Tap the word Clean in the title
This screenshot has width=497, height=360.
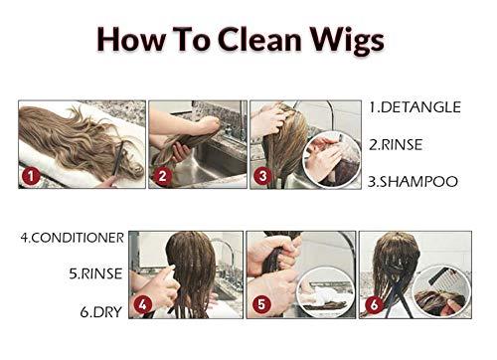(x=259, y=39)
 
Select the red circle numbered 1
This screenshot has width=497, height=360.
(x=31, y=176)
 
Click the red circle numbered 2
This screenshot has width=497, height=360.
(x=162, y=175)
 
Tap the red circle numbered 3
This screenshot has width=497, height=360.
(x=262, y=175)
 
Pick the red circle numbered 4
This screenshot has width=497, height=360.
(x=143, y=304)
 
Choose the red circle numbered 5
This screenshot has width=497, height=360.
(x=261, y=304)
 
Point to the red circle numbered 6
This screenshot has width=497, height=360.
(x=375, y=304)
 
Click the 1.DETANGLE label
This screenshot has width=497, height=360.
(x=414, y=107)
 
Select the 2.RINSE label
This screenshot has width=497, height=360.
(x=396, y=145)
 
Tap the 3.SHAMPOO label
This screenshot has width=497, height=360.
(x=413, y=181)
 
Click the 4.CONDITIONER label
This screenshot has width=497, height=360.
(x=73, y=238)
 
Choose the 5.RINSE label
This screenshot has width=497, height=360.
(x=95, y=273)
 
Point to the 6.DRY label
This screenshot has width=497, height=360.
(x=101, y=312)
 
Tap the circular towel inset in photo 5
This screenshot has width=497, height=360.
(x=326, y=291)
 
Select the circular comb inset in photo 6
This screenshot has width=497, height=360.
(x=440, y=291)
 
